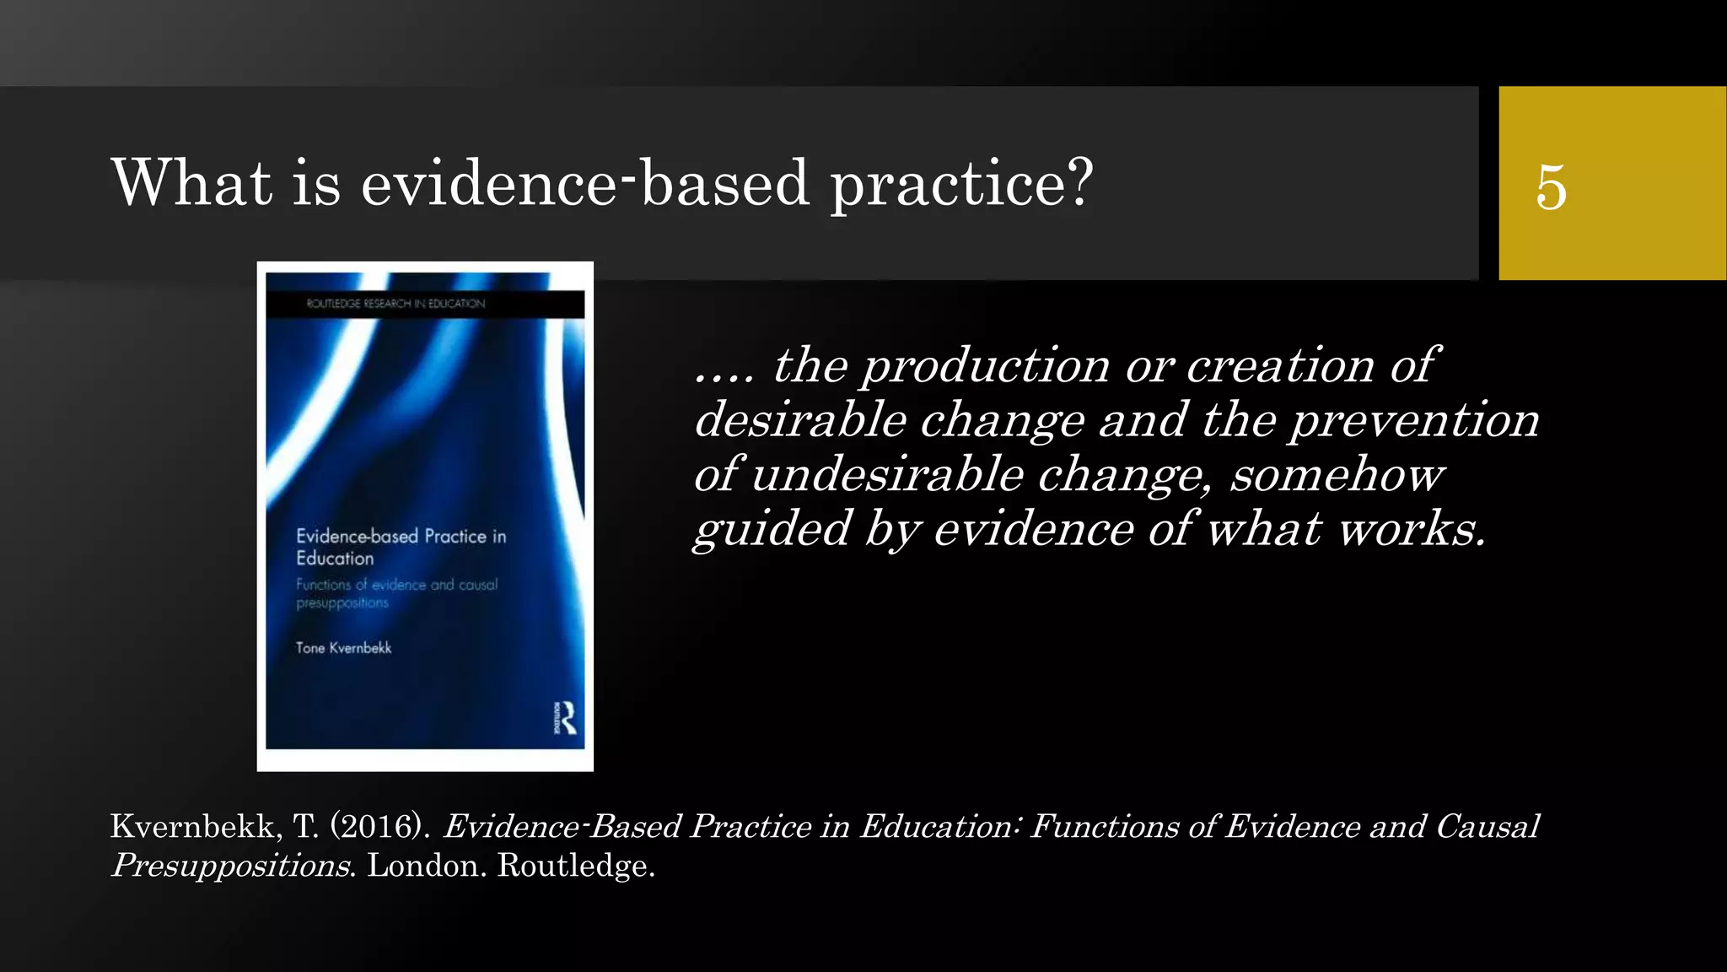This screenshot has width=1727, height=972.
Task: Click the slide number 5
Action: click(1551, 186)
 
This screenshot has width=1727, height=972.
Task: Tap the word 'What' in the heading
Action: click(191, 181)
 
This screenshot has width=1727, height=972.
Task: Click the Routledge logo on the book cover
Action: click(567, 717)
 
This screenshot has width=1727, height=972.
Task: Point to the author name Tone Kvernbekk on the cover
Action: click(343, 648)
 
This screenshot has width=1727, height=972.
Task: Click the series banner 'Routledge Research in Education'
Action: click(395, 304)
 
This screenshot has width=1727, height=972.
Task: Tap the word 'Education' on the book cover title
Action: click(335, 559)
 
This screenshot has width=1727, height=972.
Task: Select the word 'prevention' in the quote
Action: click(1414, 420)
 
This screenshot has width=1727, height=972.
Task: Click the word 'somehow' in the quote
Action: click(1337, 474)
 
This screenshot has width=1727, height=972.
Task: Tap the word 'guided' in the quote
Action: click(772, 531)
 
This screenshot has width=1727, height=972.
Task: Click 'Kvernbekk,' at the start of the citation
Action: click(196, 827)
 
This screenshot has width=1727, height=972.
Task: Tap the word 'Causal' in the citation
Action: click(1488, 826)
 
